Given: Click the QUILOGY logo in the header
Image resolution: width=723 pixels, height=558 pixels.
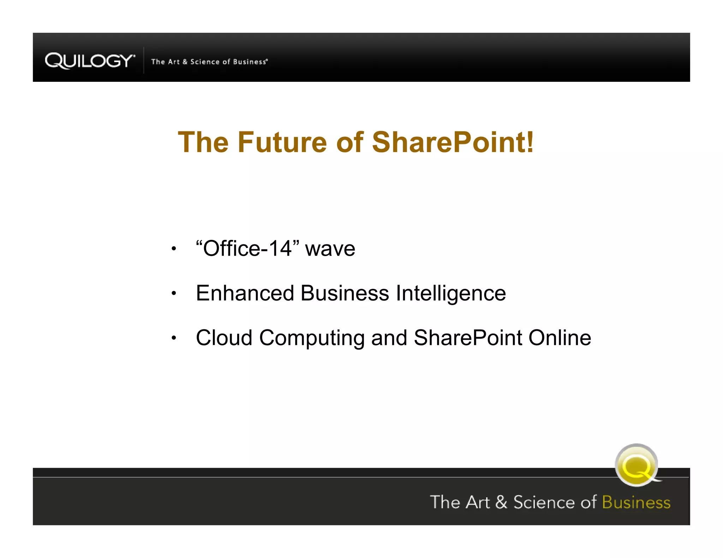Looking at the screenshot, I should pos(90,61).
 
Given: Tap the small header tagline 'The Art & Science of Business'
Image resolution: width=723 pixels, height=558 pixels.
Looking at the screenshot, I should pos(209,62).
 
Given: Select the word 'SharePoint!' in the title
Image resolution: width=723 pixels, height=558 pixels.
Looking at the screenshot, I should pos(453,142).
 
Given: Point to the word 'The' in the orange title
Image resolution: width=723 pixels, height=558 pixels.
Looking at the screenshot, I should pos(203,142).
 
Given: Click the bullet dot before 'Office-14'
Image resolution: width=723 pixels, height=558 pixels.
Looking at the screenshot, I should pos(173,249).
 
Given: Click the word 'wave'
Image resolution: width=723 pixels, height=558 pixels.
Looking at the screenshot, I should pos(330,249).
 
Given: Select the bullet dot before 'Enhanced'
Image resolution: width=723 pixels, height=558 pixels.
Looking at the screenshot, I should pos(173,293).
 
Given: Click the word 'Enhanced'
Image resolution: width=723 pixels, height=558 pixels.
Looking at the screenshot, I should pos(245,293).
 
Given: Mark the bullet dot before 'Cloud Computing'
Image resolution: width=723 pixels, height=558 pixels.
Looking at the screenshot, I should pos(173,338).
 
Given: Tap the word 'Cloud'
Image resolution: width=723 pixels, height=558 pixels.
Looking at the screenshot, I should pos(224,338).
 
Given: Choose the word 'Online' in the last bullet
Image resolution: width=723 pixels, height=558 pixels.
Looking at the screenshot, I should pos(560,338).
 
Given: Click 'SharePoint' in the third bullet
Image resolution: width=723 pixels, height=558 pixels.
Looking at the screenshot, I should pos(468,338).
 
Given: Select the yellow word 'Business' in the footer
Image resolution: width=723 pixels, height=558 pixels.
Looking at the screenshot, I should pos(636,502).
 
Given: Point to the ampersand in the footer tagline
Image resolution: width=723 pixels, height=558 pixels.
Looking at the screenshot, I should pos(501,502).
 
